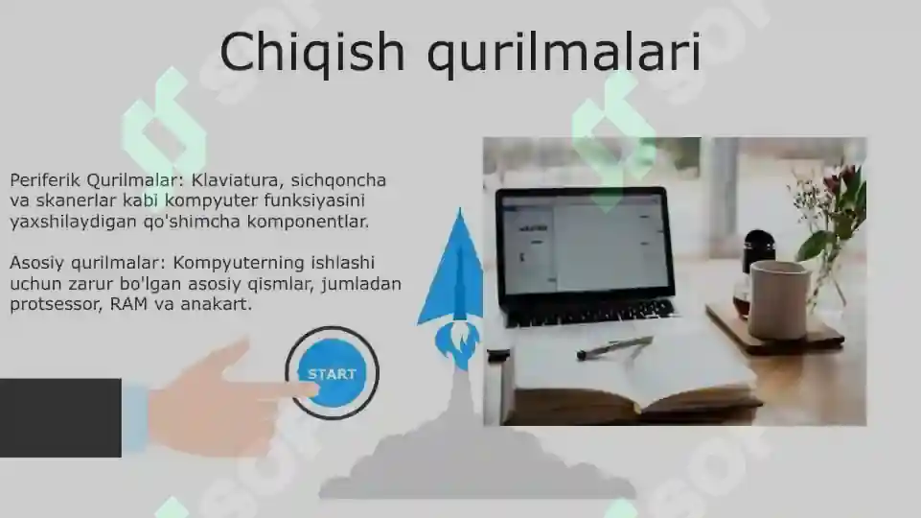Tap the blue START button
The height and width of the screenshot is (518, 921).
[332, 373]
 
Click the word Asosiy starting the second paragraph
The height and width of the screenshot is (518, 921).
[37, 263]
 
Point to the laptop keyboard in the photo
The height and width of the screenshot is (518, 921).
[590, 311]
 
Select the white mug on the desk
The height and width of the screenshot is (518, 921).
[779, 299]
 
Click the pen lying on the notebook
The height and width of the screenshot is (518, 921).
[614, 347]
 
